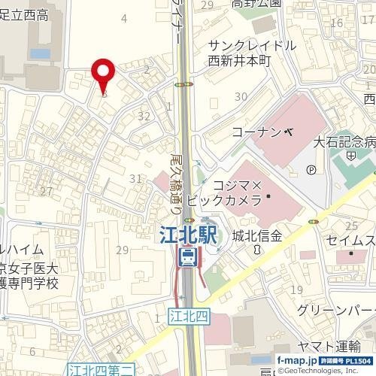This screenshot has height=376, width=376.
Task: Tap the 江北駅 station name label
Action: pyautogui.click(x=188, y=235)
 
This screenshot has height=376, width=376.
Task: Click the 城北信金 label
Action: pyautogui.click(x=257, y=236)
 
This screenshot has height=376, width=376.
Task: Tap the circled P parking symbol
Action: pyautogui.click(x=311, y=169)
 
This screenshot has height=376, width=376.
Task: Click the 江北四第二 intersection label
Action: pyautogui.click(x=101, y=368)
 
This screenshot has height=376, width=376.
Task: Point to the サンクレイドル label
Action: pyautogui.click(x=252, y=44)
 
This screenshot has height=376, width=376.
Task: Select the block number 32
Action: pyautogui.click(x=144, y=116)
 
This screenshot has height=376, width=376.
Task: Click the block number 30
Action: pyautogui.click(x=241, y=96)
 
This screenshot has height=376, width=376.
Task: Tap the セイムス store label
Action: pyautogui.click(x=350, y=240)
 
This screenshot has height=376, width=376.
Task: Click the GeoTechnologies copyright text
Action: pyautogui.click(x=328, y=371)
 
